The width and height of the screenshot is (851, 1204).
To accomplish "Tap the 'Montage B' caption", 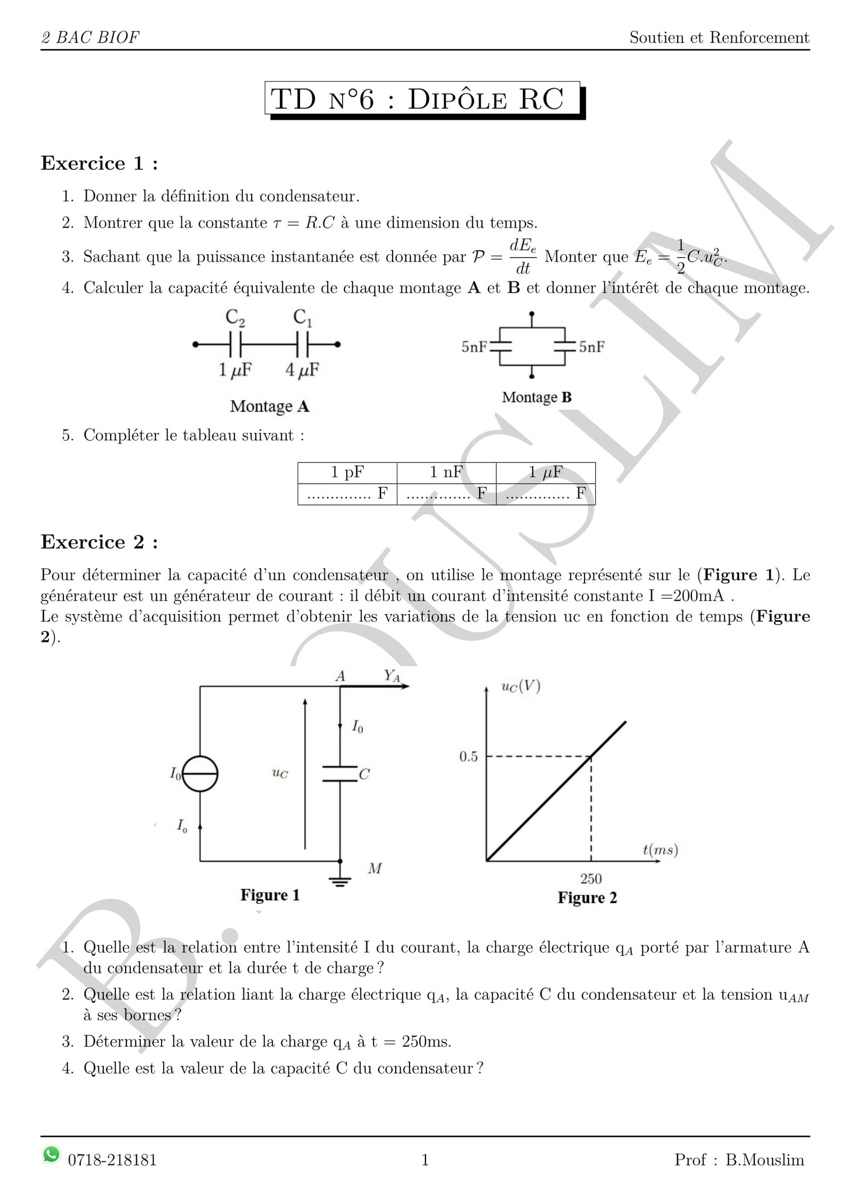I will [x=536, y=397].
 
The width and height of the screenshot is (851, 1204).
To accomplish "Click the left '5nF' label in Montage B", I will [x=474, y=347].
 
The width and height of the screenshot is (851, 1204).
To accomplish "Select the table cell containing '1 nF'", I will [x=446, y=472].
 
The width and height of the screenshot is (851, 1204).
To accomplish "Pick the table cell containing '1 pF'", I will [x=347, y=472].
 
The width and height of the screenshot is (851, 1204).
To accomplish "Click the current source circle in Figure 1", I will [x=200, y=774].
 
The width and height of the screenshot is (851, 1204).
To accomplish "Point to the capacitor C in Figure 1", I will [x=340, y=774].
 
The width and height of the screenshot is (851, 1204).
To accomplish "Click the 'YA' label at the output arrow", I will [x=392, y=676].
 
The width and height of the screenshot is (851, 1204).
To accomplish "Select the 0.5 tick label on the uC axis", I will [x=469, y=757].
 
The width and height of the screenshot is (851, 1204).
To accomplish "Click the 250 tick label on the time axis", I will [x=591, y=879].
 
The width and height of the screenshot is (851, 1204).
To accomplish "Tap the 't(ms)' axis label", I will [x=660, y=850].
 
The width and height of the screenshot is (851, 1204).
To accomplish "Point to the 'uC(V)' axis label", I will [x=521, y=687].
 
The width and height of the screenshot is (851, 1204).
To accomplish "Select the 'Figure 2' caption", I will [x=587, y=898].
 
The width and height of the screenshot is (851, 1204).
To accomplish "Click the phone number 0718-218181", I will [x=112, y=1160].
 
